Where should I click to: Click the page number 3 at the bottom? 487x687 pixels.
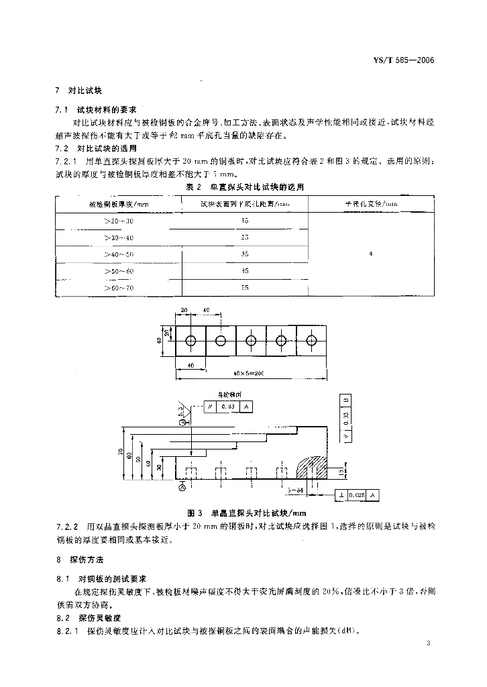(427, 643)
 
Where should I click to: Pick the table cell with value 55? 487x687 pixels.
(244, 287)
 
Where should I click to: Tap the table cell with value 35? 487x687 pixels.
(244, 254)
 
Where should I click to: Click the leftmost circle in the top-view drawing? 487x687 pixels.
(191, 340)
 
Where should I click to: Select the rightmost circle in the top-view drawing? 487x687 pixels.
(311, 340)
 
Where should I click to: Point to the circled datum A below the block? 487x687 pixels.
(182, 490)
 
